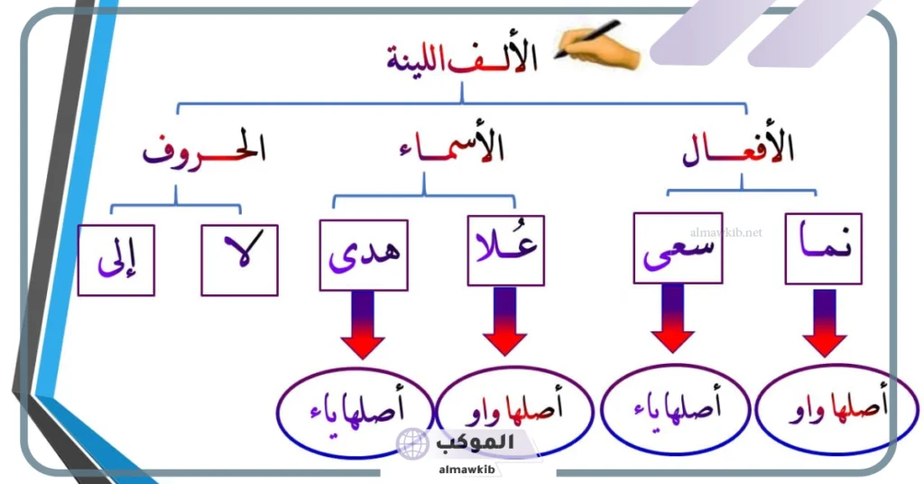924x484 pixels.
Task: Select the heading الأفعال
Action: pyautogui.click(x=738, y=149)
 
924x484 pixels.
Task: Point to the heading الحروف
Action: pyautogui.click(x=205, y=149)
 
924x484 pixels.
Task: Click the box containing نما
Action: pyautogui.click(x=823, y=249)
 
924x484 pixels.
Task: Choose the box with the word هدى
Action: pyautogui.click(x=363, y=255)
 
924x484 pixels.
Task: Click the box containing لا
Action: pyautogui.click(x=239, y=260)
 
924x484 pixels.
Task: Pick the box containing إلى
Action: pyautogui.click(x=116, y=260)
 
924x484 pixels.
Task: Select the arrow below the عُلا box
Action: pyautogui.click(x=504, y=322)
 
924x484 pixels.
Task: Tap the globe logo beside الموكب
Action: pyautogui.click(x=412, y=443)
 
